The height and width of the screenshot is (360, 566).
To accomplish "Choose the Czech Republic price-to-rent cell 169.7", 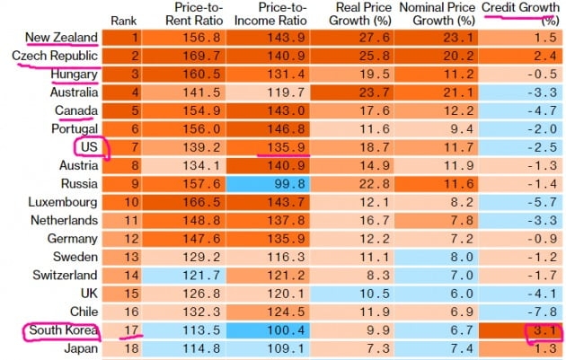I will coord(194,56).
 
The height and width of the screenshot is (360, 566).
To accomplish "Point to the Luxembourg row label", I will coord(63,202).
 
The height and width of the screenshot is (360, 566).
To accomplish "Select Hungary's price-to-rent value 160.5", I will coord(194,75).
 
